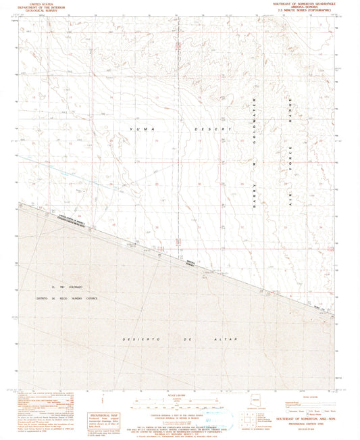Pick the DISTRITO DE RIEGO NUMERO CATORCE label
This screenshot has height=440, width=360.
[68, 298]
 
